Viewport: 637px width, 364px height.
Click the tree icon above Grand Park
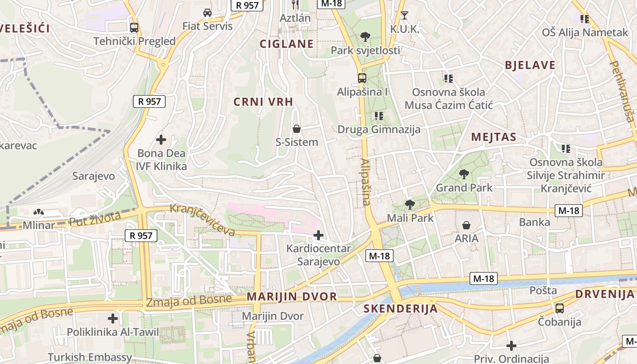point(464,174)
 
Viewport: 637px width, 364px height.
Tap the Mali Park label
point(410,218)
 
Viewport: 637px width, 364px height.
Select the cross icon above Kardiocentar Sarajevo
point(318,235)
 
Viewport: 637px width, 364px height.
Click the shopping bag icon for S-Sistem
point(297,129)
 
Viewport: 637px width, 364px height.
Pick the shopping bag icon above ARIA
point(466,225)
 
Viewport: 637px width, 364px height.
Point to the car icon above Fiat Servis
point(207,13)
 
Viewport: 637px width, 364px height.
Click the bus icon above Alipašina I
point(362,78)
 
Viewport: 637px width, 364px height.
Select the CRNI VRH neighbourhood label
point(263,102)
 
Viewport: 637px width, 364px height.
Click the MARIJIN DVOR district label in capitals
point(292,297)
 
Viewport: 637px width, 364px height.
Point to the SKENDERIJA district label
point(400,309)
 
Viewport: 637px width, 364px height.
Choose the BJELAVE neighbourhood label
point(530,65)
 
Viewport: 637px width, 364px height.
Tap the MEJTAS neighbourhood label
point(494,137)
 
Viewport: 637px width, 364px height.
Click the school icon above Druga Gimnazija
point(379,116)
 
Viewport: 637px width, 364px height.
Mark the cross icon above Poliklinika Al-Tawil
point(113,318)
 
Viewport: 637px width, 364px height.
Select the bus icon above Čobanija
point(560,308)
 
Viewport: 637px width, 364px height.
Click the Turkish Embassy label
point(90,357)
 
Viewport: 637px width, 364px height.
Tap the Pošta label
point(543,290)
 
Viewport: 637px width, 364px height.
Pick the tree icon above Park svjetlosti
point(365,37)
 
